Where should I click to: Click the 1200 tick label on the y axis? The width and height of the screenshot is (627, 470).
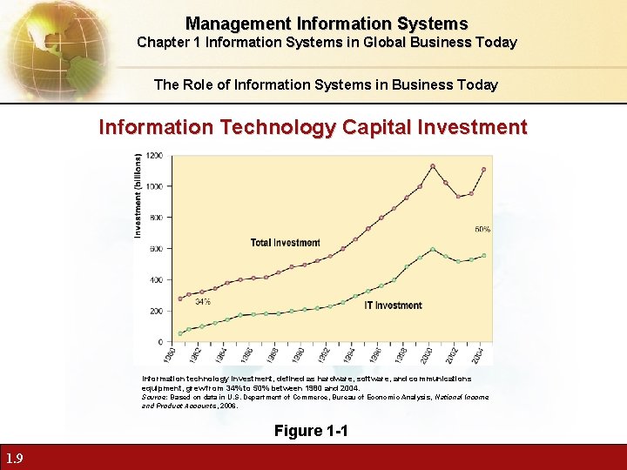tap(153, 156)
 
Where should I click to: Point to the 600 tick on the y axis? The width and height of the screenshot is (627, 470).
tap(155, 249)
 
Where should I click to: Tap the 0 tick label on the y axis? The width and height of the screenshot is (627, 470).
tap(159, 342)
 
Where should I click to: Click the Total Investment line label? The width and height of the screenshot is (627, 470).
tap(285, 242)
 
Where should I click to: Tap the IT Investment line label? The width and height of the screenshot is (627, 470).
tap(393, 305)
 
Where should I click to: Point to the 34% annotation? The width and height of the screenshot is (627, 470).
tap(202, 302)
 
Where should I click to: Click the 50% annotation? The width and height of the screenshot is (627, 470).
tap(482, 230)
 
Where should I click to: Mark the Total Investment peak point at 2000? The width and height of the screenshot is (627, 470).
tap(433, 165)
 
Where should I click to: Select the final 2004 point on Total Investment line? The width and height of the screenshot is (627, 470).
tap(484, 169)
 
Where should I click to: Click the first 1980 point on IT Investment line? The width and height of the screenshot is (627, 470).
tap(180, 333)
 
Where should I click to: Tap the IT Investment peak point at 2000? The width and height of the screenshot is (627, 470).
tap(433, 249)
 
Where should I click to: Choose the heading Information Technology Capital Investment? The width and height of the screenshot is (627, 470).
tap(313, 127)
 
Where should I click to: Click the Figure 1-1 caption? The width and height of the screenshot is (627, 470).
tap(311, 430)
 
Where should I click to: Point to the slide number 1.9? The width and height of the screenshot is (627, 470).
tap(14, 459)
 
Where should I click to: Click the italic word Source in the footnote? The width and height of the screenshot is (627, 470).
tap(153, 397)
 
